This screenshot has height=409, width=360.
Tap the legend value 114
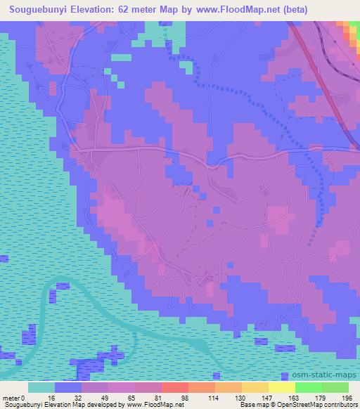214,397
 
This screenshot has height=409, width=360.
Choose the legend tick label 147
267,397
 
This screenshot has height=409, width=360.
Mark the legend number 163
293,397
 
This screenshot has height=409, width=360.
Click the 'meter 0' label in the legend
13,397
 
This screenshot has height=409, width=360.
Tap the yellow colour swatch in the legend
281,387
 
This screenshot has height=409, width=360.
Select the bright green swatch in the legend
308,387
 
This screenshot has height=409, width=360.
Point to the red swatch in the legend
174,387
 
